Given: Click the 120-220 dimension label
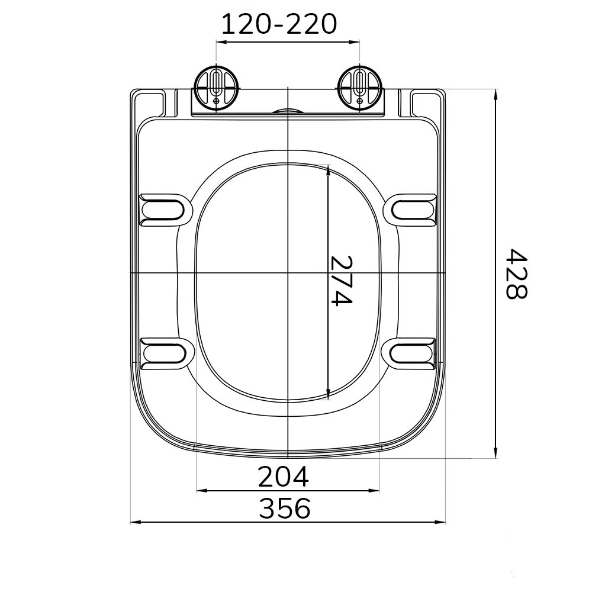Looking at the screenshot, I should [x=279, y=24].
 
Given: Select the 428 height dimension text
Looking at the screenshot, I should [x=517, y=274].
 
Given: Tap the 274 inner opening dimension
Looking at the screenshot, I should [x=341, y=281].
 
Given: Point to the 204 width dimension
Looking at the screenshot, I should [x=283, y=477].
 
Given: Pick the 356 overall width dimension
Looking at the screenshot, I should [x=284, y=509].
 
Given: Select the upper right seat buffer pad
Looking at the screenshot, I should [x=414, y=209].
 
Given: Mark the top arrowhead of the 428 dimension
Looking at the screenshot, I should [x=496, y=94].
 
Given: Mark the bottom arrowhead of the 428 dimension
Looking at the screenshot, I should [x=496, y=453].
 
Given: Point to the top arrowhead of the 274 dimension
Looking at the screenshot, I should [x=328, y=170].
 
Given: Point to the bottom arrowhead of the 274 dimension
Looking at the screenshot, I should [x=328, y=392].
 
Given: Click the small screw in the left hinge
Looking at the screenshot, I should [x=217, y=101].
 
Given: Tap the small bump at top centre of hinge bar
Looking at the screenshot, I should [x=287, y=111].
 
